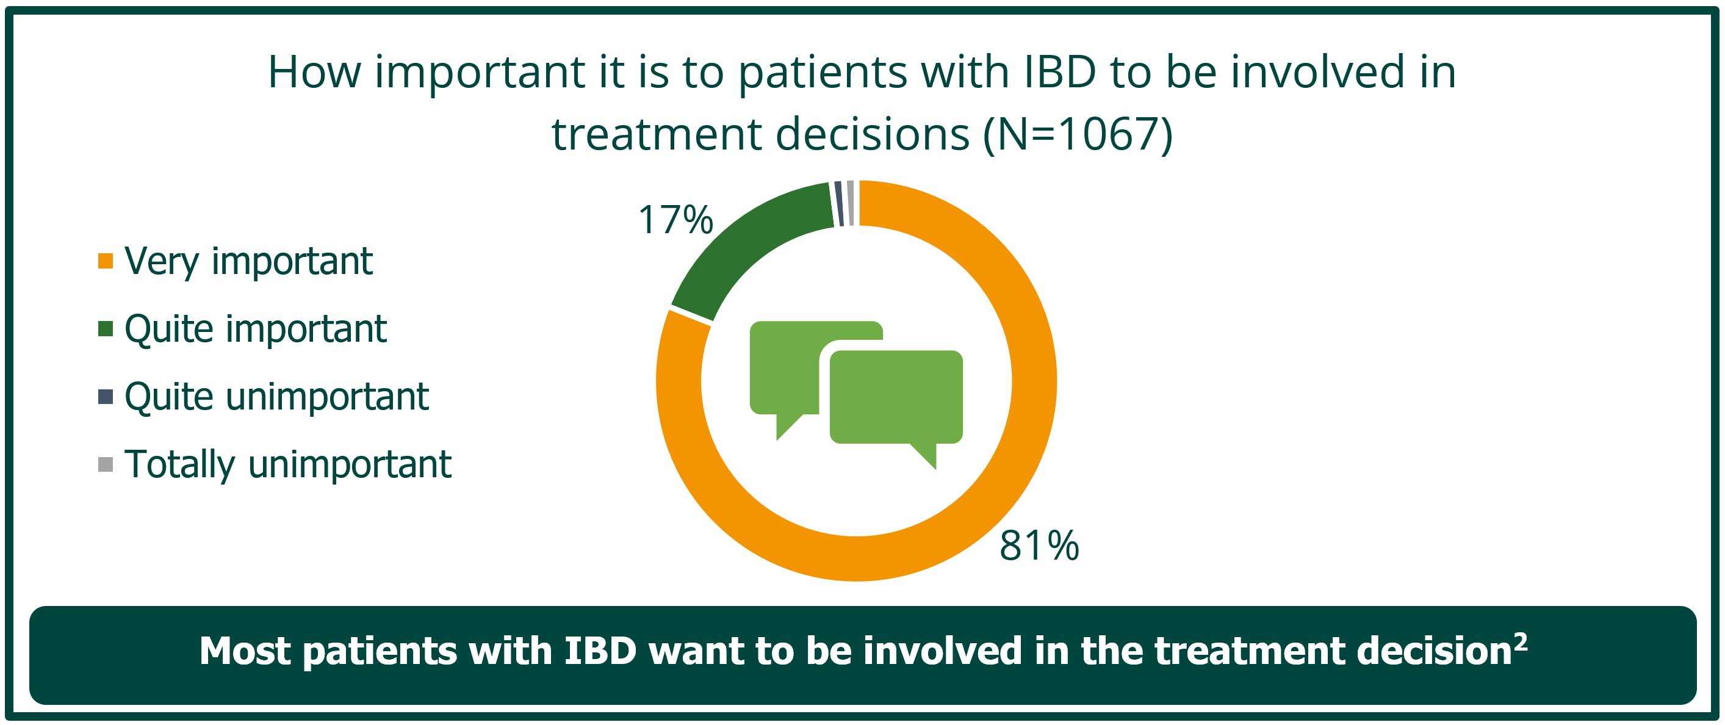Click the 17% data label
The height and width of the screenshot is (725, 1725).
pyautogui.click(x=675, y=220)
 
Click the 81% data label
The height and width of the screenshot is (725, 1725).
pyautogui.click(x=1039, y=545)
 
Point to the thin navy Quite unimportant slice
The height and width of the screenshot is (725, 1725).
pyautogui.click(x=839, y=203)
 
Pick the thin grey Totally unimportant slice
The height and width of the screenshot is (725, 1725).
pyautogui.click(x=851, y=203)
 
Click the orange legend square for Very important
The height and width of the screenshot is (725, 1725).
pyautogui.click(x=105, y=261)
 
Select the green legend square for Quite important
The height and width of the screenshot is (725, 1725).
pyautogui.click(x=105, y=329)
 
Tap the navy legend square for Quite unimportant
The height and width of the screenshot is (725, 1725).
pyautogui.click(x=105, y=396)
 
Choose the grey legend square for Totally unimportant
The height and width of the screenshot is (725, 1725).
pyautogui.click(x=105, y=464)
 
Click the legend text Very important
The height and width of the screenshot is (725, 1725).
pyautogui.click(x=248, y=262)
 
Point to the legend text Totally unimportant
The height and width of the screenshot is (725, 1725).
pyautogui.click(x=288, y=464)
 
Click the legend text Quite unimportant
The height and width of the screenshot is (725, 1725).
pyautogui.click(x=276, y=396)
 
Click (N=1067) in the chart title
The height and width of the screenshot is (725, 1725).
pyautogui.click(x=1078, y=134)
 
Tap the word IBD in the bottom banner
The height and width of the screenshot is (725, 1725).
pyautogui.click(x=600, y=651)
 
